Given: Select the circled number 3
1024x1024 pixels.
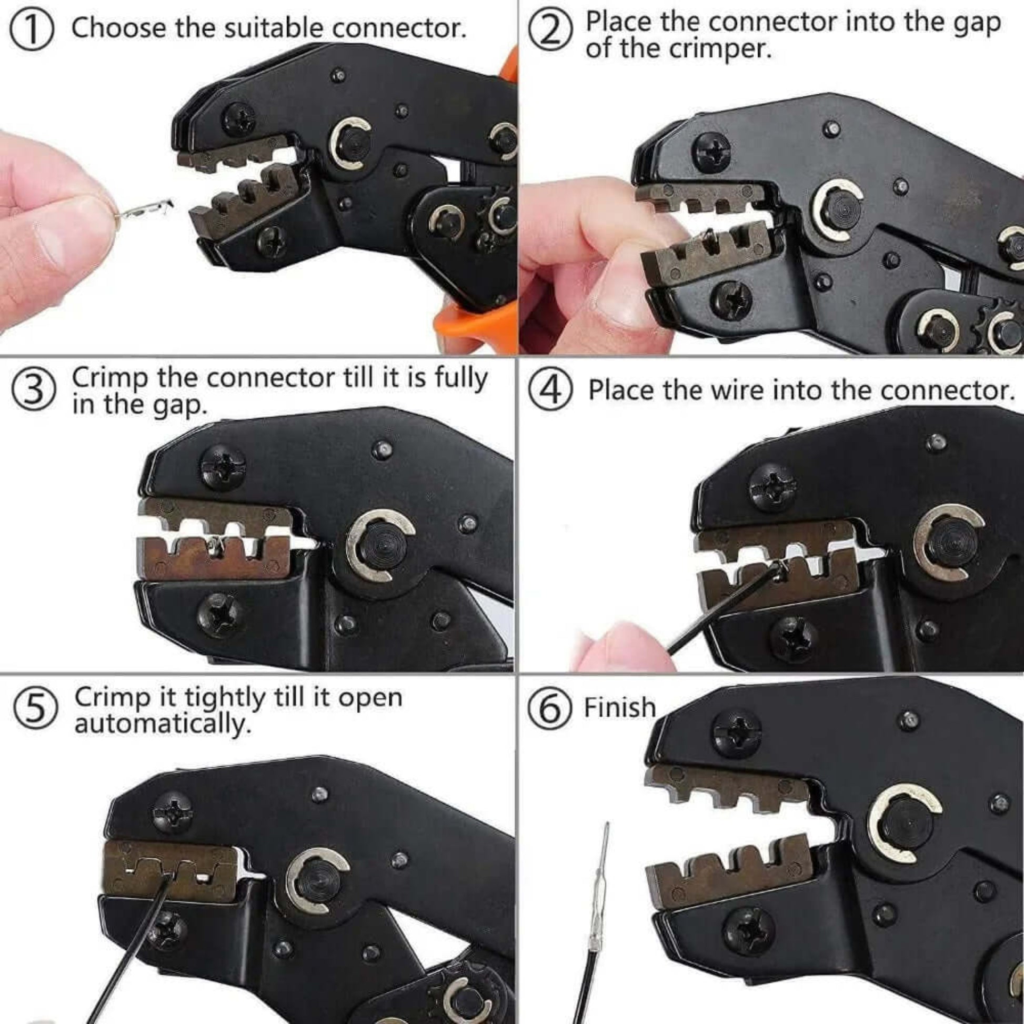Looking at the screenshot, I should coord(34,393).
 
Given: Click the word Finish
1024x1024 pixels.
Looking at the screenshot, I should coord(619,708).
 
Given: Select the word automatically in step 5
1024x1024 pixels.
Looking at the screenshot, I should coord(162,724).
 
